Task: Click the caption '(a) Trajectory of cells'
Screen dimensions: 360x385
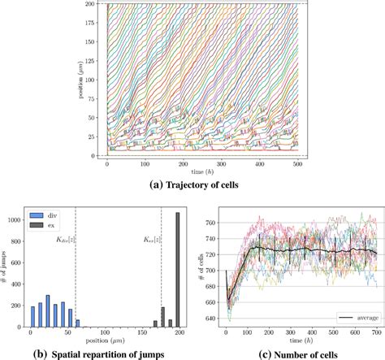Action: point(193,184)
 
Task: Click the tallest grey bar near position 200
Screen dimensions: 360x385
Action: point(178,270)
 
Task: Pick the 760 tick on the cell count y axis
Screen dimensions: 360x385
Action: point(214,221)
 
